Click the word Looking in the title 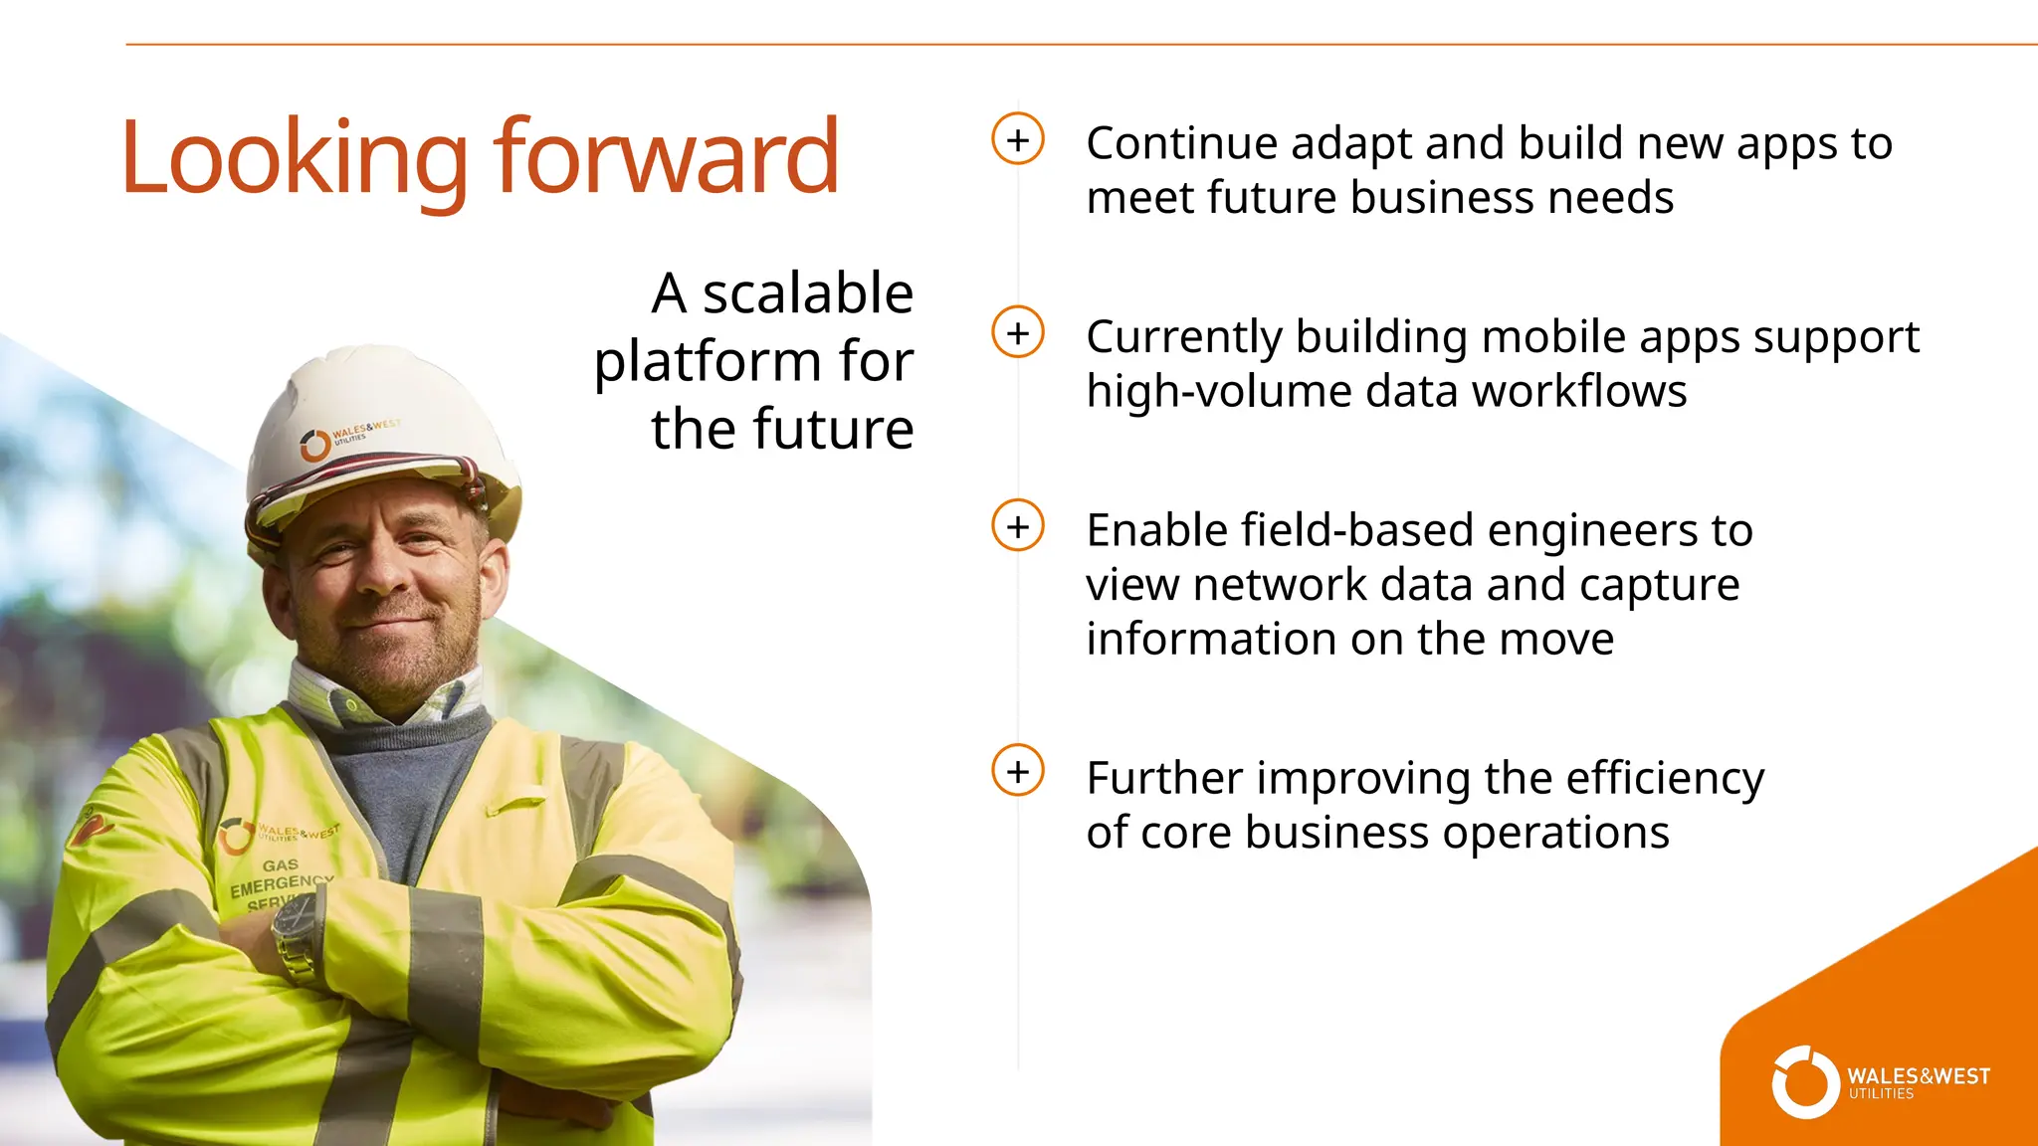294,159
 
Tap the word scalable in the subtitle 807,293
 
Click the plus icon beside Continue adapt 1017,139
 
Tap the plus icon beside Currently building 1017,332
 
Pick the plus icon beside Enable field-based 1017,525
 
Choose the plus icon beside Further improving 1017,771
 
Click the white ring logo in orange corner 1804,1082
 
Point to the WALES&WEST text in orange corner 1918,1076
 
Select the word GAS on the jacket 280,865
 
